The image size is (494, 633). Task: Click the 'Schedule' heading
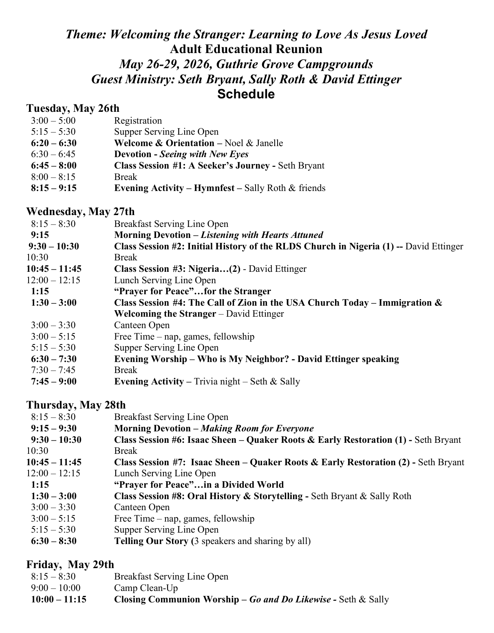tap(246, 94)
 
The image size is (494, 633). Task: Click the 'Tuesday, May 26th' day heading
tap(73, 109)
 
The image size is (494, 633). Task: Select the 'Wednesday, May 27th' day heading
tap(80, 212)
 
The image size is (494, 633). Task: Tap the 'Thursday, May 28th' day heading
tap(76, 405)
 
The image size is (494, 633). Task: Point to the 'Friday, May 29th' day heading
tap(70, 564)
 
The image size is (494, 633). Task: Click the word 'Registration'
tap(138, 121)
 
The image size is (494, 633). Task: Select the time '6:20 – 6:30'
tap(53, 143)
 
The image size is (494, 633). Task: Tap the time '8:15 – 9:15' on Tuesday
tap(53, 188)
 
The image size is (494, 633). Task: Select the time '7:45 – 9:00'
tap(53, 382)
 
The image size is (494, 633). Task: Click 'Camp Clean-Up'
tap(146, 588)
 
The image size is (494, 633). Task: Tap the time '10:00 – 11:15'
tap(59, 600)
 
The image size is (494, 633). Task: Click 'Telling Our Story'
tap(151, 541)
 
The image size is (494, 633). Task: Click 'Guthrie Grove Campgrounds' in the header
tap(295, 64)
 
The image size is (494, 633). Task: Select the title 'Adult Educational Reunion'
tap(246, 49)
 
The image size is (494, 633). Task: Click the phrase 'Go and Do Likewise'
tap(290, 600)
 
